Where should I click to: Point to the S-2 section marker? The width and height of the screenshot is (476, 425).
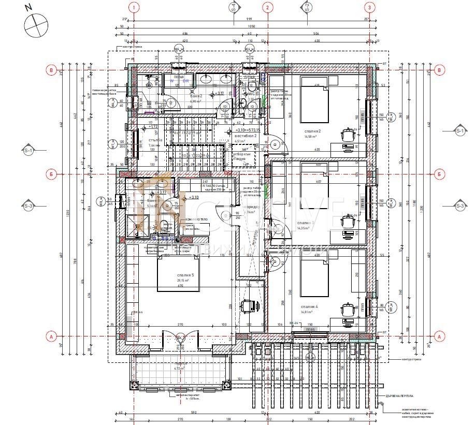pos(307,7)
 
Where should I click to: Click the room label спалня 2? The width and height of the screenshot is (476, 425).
pos(312,131)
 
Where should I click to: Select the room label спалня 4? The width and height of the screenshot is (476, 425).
pos(309,306)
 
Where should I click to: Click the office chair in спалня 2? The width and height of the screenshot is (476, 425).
pos(347,135)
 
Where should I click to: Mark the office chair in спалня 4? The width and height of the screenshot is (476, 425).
pos(347,309)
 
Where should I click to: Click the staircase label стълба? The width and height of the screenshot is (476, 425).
pos(155,140)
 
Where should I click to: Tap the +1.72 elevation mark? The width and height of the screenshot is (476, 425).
pos(154,126)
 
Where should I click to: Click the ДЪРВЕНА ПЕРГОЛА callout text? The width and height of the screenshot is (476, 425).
pos(399,396)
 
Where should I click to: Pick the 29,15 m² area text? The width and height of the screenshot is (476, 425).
pos(185,280)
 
